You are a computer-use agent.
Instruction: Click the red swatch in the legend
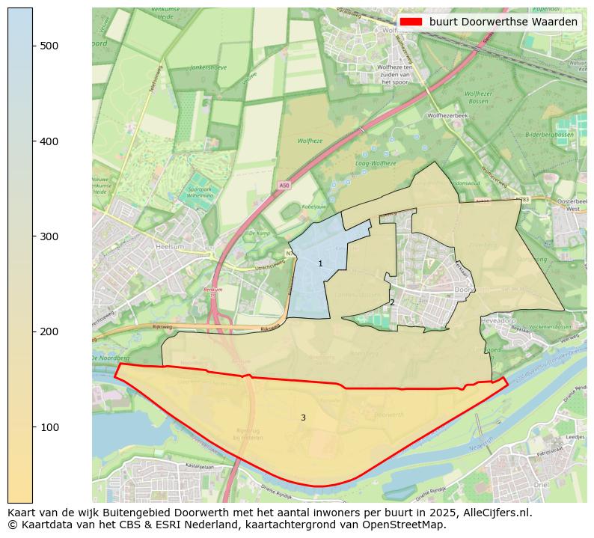[x=411, y=22]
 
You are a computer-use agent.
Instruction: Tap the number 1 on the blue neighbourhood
[x=320, y=263]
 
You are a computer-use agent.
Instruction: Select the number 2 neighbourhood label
[x=392, y=302]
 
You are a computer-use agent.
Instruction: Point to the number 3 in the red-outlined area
[x=303, y=418]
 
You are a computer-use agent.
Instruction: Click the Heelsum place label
[x=170, y=245]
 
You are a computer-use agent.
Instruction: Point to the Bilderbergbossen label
[x=548, y=135]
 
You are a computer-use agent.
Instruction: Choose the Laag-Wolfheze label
[x=375, y=163]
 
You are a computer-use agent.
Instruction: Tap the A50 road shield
[x=284, y=186]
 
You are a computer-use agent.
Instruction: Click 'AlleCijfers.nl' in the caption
[x=495, y=513]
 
